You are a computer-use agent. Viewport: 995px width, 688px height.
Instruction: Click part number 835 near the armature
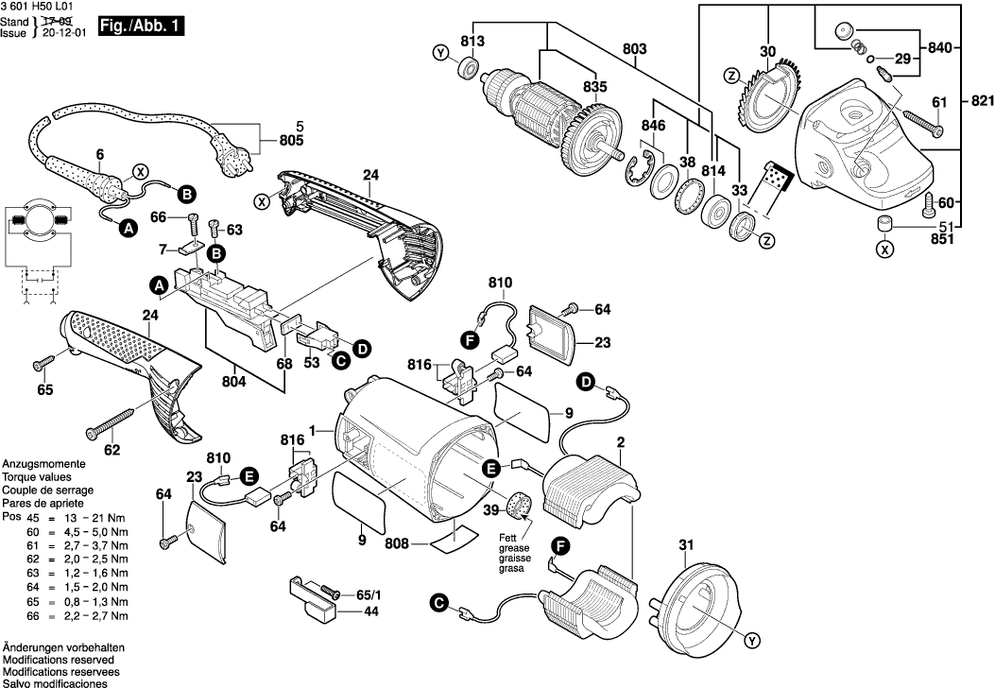coord(593,87)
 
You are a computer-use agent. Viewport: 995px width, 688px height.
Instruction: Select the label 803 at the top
coord(635,47)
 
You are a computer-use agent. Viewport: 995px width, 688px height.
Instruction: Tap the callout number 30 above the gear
coord(767,52)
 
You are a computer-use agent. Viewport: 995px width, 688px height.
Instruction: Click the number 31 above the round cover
coord(686,544)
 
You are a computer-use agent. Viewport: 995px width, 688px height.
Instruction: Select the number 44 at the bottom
coord(373,611)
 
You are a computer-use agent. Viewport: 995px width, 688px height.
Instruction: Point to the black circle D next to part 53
coord(361,350)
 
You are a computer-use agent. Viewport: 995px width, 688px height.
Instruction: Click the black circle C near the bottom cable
coord(437,600)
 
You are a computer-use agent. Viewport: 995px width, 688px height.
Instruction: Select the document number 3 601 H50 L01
coord(37,7)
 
